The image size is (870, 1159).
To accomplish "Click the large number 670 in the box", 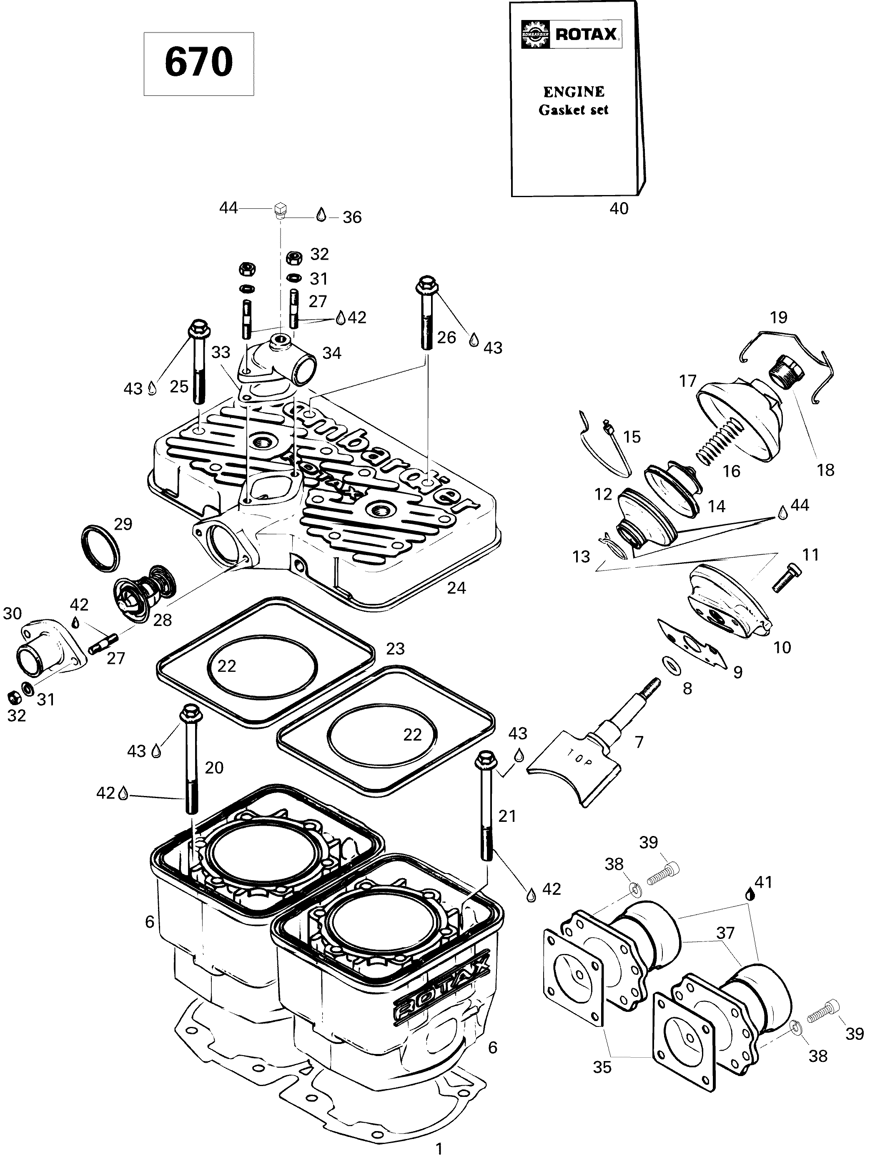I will pos(198,63).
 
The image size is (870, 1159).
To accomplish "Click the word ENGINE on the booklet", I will pos(573,92).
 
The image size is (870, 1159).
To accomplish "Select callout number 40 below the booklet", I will pos(619,208).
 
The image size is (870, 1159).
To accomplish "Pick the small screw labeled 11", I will pos(786,578).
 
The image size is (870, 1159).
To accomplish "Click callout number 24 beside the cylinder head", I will pos(456,588).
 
